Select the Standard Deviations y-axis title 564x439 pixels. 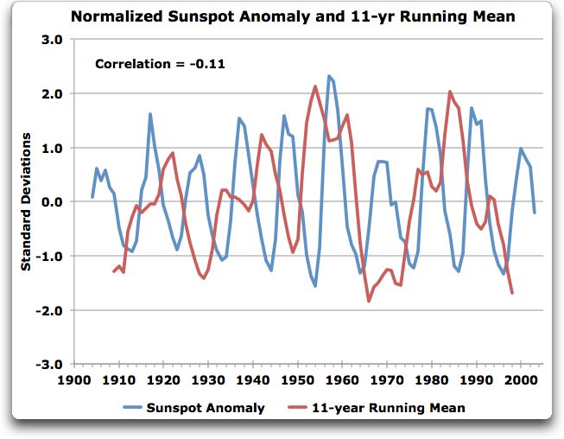click(x=27, y=201)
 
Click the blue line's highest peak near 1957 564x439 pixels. click(x=329, y=76)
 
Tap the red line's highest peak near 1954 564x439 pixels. click(x=315, y=86)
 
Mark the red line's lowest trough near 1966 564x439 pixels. click(x=369, y=301)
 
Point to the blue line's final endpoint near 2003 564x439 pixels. click(x=535, y=213)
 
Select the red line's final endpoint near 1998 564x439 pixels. click(x=512, y=293)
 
